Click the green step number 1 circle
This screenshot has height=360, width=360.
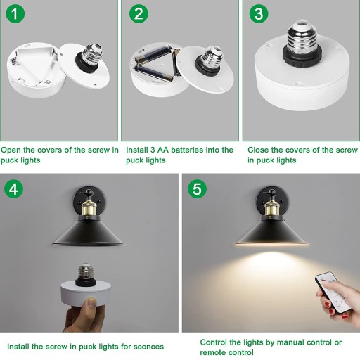15,13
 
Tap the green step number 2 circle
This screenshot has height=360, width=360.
139,13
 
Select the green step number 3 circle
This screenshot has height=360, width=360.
259,13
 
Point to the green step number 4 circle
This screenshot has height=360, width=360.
13,189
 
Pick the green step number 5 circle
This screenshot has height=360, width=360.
197,189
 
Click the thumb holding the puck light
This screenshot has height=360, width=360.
90,304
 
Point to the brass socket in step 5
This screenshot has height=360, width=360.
272,207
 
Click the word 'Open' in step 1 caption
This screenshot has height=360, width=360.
11,150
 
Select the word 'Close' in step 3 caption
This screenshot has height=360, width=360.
258,150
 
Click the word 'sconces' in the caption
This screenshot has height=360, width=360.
148,347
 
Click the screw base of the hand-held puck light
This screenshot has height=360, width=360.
86,271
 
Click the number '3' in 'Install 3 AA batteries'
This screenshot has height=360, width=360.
153,150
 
